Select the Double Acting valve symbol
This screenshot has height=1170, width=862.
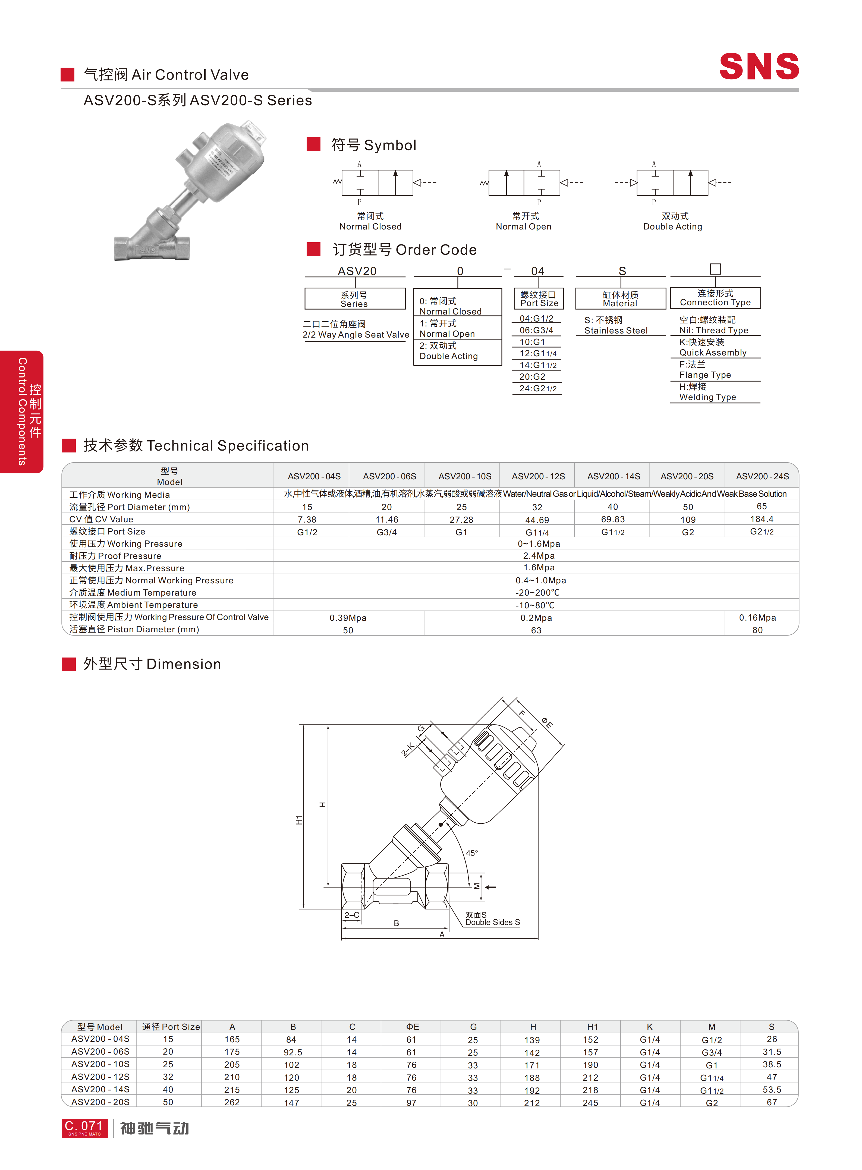[673, 183]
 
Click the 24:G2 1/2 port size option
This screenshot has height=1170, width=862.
[537, 388]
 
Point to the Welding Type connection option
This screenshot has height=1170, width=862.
[707, 392]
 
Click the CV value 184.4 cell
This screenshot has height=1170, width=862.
[762, 519]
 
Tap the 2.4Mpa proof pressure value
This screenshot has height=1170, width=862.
[539, 556]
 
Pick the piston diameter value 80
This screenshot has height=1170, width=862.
[757, 630]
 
